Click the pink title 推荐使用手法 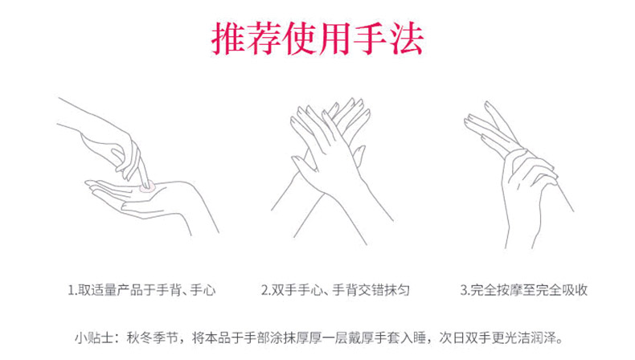[x=317, y=38]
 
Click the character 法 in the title [x=406, y=38]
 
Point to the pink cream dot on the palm [x=146, y=186]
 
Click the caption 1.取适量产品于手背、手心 [x=141, y=290]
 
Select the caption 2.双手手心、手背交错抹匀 [x=335, y=290]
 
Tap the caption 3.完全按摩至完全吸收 [x=523, y=290]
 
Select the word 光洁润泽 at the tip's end [x=531, y=337]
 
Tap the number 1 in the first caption [x=71, y=290]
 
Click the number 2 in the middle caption [x=265, y=290]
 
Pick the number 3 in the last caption [x=464, y=290]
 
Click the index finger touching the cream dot [x=143, y=172]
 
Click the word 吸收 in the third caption [x=575, y=290]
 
